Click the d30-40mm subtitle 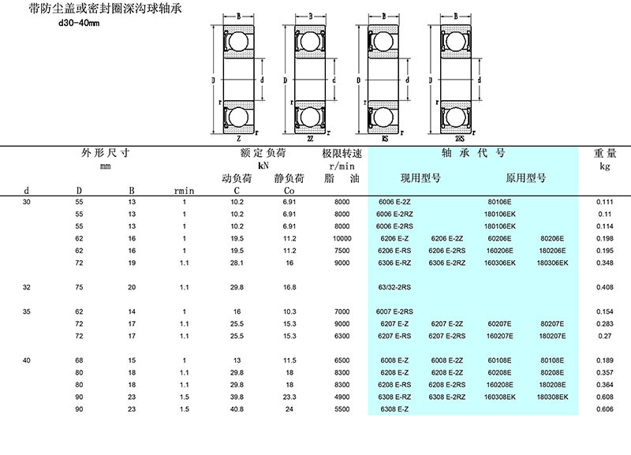[80, 23]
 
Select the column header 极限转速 [342, 152]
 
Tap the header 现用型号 [420, 178]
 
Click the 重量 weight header [604, 152]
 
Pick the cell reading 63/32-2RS [399, 287]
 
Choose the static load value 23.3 [289, 397]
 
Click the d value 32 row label [28, 287]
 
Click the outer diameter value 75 [79, 287]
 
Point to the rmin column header [185, 190]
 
